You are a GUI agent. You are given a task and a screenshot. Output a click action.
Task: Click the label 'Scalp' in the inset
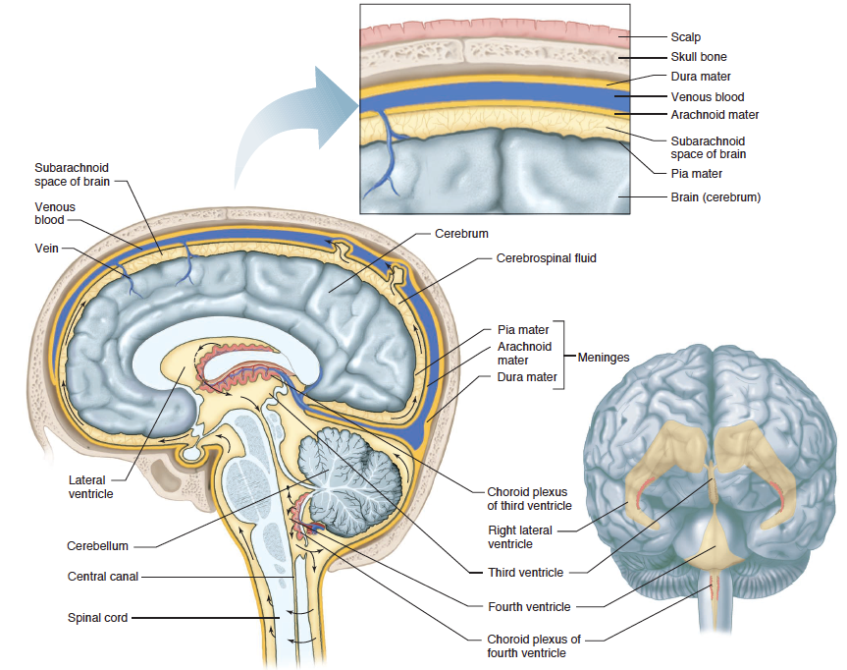tap(685, 37)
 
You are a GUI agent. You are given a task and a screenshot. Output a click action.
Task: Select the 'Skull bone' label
tap(698, 57)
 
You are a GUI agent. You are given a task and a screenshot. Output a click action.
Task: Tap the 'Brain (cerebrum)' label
tap(715, 197)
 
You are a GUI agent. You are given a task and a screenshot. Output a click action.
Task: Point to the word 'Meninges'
tap(602, 358)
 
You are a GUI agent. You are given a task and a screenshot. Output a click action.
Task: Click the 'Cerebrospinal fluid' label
tap(546, 258)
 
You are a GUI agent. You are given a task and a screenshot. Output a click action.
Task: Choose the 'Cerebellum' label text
tap(97, 545)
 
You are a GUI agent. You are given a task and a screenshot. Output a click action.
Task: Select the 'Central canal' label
tap(103, 577)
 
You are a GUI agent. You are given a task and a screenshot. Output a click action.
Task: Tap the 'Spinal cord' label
tap(97, 618)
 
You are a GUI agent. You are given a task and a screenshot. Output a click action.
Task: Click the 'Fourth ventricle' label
tap(528, 606)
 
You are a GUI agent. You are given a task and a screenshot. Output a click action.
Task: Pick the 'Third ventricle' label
tap(525, 572)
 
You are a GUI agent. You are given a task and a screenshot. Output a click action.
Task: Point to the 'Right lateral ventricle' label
tap(519, 536)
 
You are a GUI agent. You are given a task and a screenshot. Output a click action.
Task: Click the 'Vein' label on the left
tap(46, 249)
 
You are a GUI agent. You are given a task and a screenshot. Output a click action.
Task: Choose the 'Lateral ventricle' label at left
tap(91, 486)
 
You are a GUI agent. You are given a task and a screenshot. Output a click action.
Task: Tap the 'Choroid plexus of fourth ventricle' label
tap(534, 645)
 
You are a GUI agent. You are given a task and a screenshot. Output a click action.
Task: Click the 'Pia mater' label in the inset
tap(696, 174)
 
